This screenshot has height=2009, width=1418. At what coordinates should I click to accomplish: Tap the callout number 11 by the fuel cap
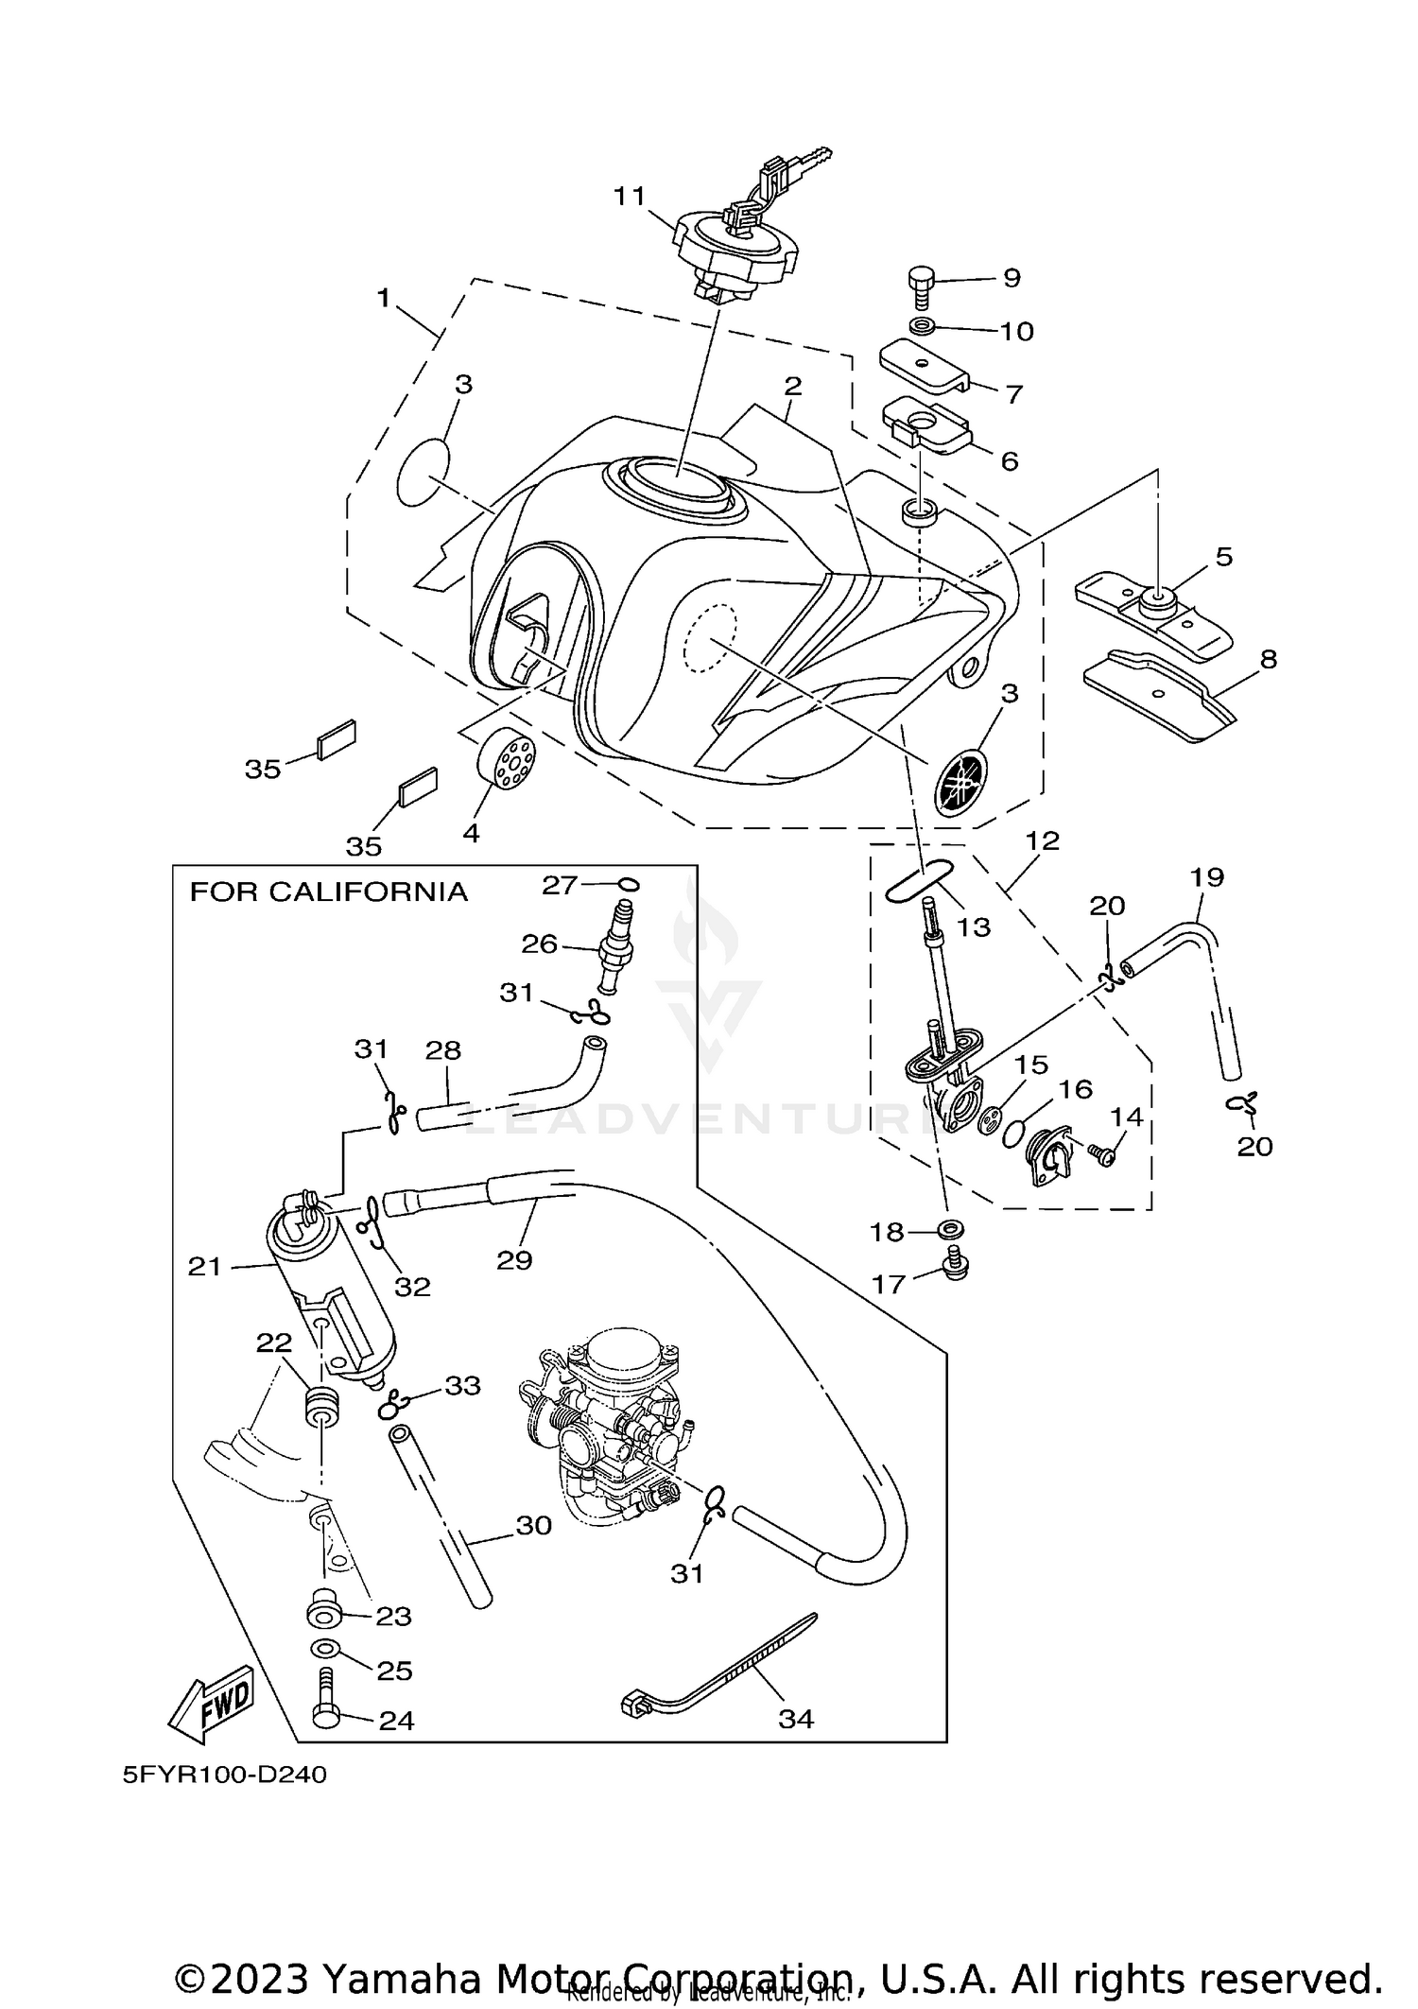point(629,196)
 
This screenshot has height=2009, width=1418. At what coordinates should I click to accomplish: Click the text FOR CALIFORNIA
point(328,892)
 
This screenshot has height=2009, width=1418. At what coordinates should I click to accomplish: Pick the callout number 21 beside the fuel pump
point(204,1266)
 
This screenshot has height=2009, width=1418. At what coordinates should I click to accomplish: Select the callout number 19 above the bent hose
point(1207,876)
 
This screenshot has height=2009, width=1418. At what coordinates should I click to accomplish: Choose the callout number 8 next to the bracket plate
point(1268,658)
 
